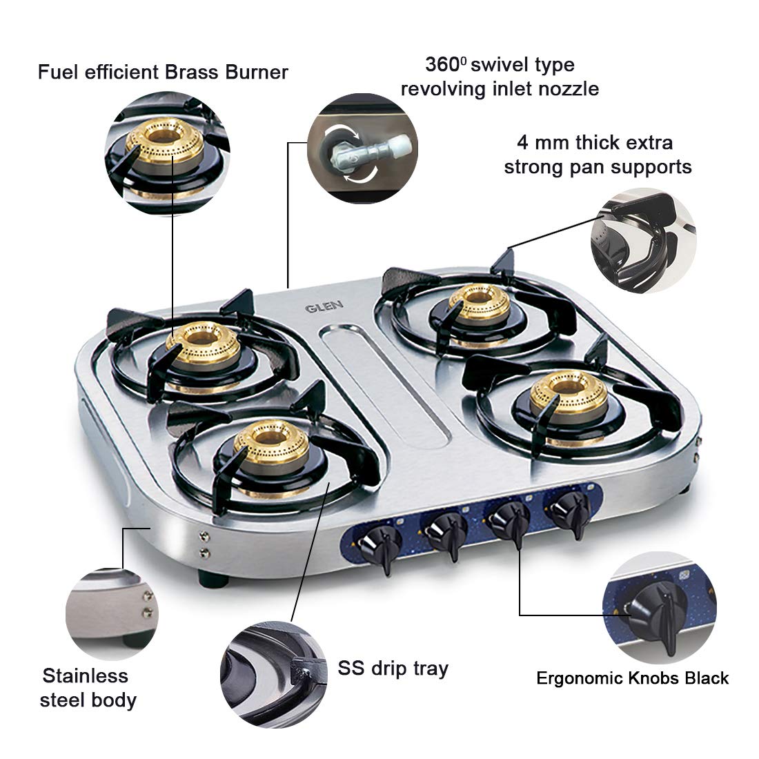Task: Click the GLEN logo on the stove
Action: click(x=324, y=306)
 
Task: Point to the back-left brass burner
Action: click(x=203, y=343)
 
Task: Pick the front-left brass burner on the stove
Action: click(x=271, y=444)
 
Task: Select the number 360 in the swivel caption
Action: click(x=442, y=64)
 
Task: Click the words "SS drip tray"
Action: click(x=393, y=669)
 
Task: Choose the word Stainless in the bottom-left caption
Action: click(x=85, y=676)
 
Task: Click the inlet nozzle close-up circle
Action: click(x=362, y=148)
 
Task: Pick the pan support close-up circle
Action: click(x=643, y=241)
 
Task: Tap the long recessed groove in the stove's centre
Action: click(x=385, y=386)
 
